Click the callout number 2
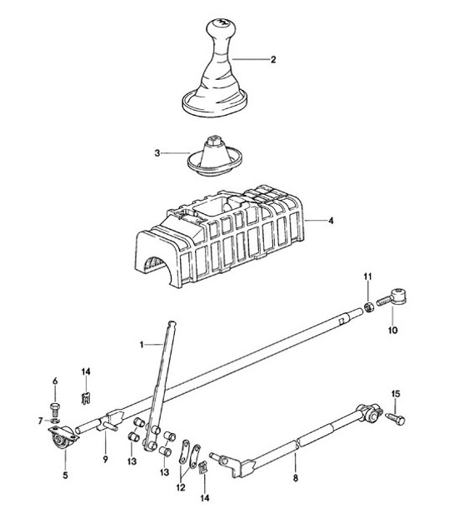tap(272, 60)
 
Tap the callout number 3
tap(157, 153)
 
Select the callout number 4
tap(331, 222)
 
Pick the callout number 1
tap(142, 343)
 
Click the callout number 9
tap(106, 459)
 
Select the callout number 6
tap(57, 381)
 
